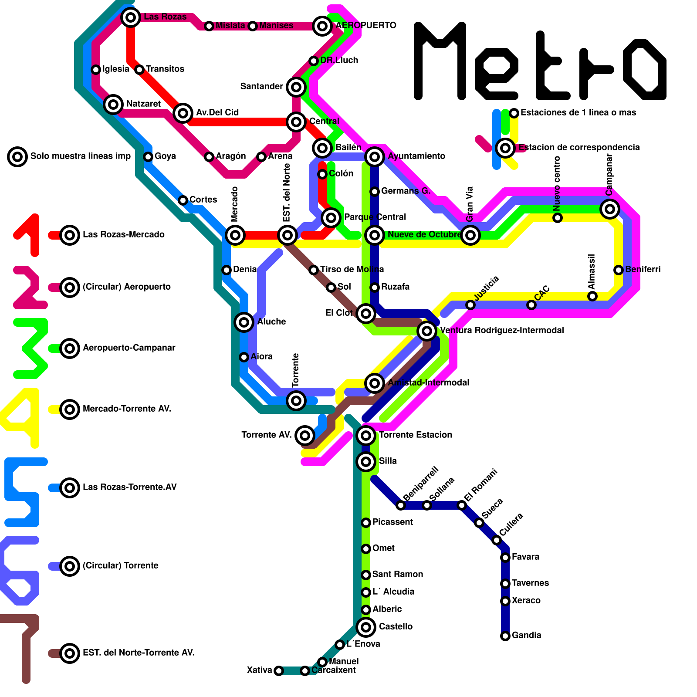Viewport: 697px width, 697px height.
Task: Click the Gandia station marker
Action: [505, 636]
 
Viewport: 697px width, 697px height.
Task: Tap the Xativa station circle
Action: [279, 671]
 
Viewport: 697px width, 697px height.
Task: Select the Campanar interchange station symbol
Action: [610, 209]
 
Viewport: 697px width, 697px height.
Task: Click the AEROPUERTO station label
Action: [366, 25]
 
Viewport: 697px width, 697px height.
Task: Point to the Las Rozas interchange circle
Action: [131, 17]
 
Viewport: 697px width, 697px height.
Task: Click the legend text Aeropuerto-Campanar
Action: [129, 348]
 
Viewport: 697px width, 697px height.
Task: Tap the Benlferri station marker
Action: [619, 270]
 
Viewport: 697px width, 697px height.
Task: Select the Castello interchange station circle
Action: [366, 627]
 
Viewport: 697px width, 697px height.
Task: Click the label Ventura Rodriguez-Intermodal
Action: [502, 330]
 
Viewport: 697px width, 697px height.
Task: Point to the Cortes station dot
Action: [183, 200]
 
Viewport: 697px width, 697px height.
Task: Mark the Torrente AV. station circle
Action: [305, 435]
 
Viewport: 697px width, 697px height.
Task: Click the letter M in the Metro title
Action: [440, 61]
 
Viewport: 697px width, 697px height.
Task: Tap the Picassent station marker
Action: [366, 523]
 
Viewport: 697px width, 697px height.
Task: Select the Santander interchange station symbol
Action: [296, 87]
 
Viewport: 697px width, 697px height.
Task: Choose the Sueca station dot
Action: [479, 523]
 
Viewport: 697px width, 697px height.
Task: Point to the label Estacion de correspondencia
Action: [579, 147]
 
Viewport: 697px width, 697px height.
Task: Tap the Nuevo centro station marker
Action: [558, 218]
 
